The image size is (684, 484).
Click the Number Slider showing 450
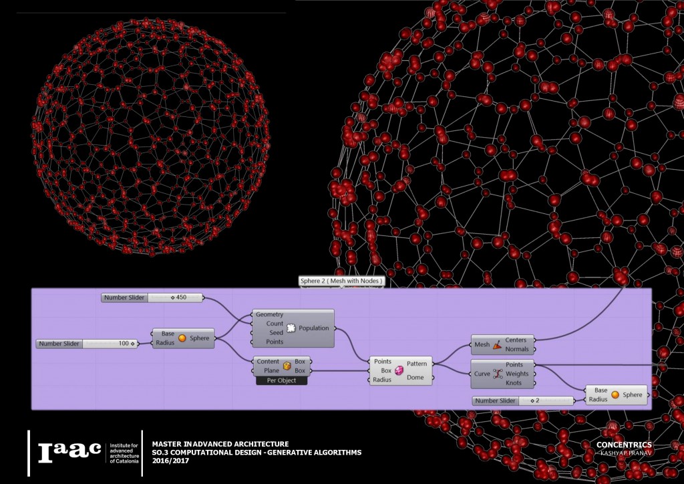153,297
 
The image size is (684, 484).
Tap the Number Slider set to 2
523,400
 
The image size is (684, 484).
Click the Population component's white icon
291,328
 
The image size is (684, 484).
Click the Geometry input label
269,314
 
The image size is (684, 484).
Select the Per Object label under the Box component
281,380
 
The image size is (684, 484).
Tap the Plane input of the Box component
267,370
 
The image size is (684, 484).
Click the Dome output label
415,378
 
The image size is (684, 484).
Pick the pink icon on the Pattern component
399,370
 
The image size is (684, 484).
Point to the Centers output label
516,340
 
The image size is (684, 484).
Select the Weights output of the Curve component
517,374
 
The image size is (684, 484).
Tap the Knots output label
514,383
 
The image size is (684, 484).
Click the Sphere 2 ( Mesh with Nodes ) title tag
341,281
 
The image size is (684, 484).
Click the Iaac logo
69,453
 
